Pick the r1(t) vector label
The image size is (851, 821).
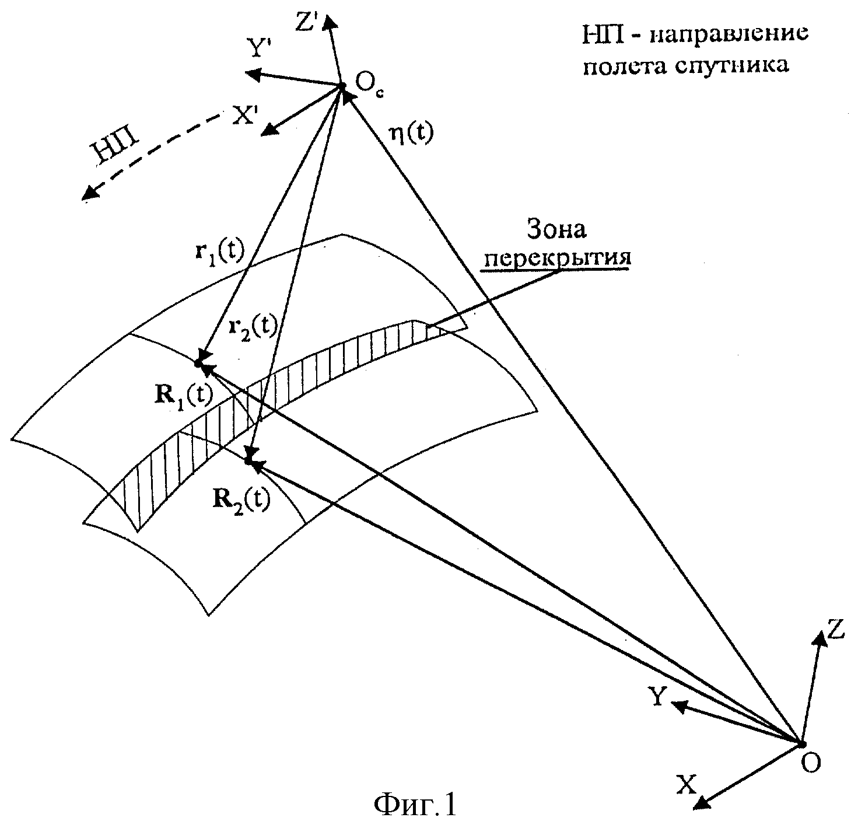point(219,256)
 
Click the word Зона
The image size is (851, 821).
point(556,230)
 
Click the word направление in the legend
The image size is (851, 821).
point(729,34)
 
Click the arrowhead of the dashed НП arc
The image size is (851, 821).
point(90,193)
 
